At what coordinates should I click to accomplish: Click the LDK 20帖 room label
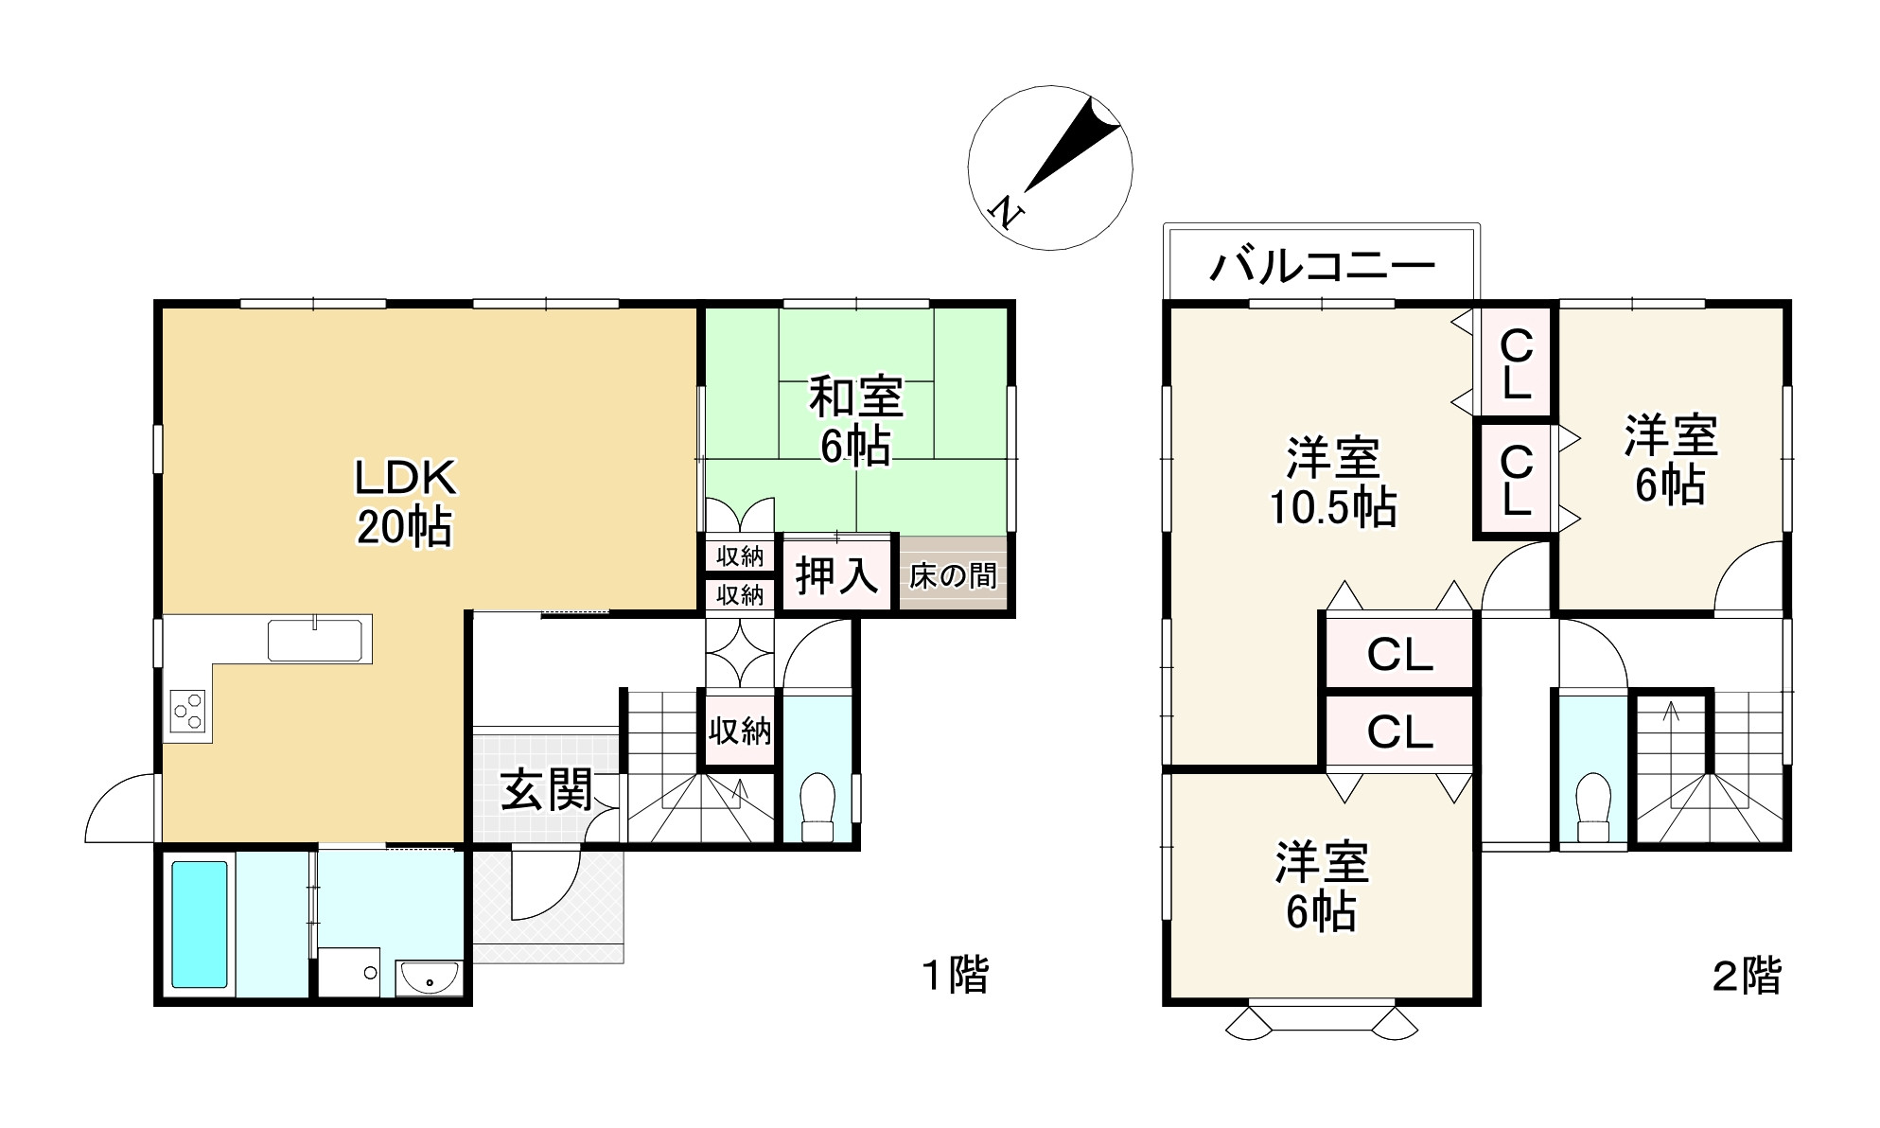404,502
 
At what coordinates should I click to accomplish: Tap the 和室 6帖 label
855,421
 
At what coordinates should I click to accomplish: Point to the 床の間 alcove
953,575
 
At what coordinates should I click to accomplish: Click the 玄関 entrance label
546,789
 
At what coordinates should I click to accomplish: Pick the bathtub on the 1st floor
199,925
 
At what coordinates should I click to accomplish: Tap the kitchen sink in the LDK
315,640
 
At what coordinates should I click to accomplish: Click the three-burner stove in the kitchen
186,712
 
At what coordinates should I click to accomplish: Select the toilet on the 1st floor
817,807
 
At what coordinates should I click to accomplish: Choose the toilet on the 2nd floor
1593,807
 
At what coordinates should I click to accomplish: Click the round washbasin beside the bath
429,977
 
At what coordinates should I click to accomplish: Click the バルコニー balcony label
1323,268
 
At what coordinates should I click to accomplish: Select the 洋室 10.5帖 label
1332,482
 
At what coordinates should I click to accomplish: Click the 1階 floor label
955,976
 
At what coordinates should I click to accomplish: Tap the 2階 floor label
1747,976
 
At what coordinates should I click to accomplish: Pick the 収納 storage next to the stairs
739,730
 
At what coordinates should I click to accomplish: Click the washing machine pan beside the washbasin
349,972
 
